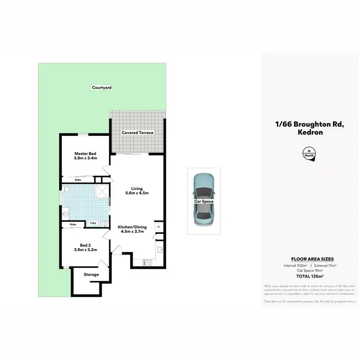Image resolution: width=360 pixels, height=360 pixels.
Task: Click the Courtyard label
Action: click(x=102, y=87)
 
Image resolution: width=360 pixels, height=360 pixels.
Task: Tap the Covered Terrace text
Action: click(x=137, y=132)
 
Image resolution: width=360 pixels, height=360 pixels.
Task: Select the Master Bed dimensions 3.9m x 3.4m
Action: click(x=85, y=158)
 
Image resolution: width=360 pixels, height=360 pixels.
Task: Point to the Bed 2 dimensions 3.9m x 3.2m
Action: click(x=85, y=250)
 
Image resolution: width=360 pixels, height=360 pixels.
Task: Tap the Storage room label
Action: click(x=91, y=275)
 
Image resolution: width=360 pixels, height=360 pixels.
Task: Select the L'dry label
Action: click(x=93, y=223)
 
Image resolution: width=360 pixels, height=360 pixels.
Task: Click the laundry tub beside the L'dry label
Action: click(x=103, y=223)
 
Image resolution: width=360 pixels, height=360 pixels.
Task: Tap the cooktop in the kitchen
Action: click(x=148, y=262)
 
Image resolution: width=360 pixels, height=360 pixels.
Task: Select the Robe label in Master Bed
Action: click(x=77, y=180)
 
